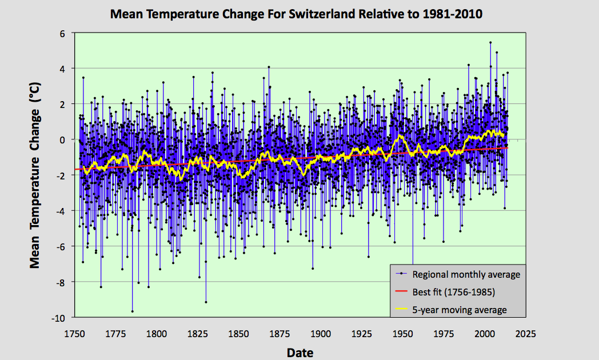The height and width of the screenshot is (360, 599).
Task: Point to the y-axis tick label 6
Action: click(x=64, y=33)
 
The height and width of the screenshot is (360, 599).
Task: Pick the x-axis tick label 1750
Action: click(x=74, y=333)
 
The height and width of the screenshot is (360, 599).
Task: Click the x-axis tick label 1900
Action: click(x=321, y=333)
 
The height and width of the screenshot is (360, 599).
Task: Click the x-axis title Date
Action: click(x=300, y=352)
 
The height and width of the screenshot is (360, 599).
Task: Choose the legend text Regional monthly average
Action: click(x=466, y=274)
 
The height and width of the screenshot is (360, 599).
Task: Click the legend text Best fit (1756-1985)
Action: click(x=454, y=292)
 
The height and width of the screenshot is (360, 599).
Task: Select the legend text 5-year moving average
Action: click(x=460, y=310)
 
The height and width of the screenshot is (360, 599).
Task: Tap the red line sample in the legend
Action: click(x=402, y=292)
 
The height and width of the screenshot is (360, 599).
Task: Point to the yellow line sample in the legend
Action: click(x=402, y=310)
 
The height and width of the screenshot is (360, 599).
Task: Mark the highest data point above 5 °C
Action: click(x=490, y=42)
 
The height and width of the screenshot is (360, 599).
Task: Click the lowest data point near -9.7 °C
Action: click(x=132, y=311)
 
